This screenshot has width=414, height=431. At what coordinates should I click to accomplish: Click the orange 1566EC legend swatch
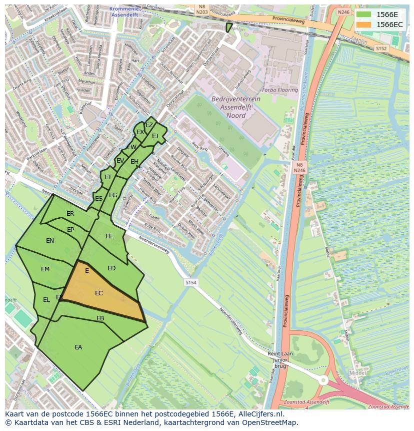point(363,25)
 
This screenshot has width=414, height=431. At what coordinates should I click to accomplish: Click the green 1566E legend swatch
point(363,15)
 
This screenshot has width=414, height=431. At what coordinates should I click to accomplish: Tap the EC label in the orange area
point(99,293)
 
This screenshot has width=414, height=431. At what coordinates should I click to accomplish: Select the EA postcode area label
point(78,347)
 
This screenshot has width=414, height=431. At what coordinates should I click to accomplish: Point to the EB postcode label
point(100,318)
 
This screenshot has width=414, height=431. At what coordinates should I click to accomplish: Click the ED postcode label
point(111,268)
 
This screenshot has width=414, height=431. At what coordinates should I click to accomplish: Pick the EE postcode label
point(109,236)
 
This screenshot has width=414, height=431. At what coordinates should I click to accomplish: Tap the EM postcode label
point(45,269)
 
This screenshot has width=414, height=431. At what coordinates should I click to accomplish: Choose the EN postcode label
point(50,241)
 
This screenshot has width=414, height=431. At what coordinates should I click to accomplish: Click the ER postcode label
point(70,214)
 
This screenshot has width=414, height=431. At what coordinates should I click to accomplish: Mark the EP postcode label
point(70,230)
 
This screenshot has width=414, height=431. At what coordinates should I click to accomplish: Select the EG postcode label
point(113,195)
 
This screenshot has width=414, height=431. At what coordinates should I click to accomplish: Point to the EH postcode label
point(134,162)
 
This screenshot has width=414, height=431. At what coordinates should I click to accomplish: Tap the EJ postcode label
point(155,136)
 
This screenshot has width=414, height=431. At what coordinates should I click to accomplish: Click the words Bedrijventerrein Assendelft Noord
point(235,107)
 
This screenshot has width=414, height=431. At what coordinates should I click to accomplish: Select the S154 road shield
point(190,283)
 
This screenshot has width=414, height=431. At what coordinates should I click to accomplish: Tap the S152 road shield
point(381,49)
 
